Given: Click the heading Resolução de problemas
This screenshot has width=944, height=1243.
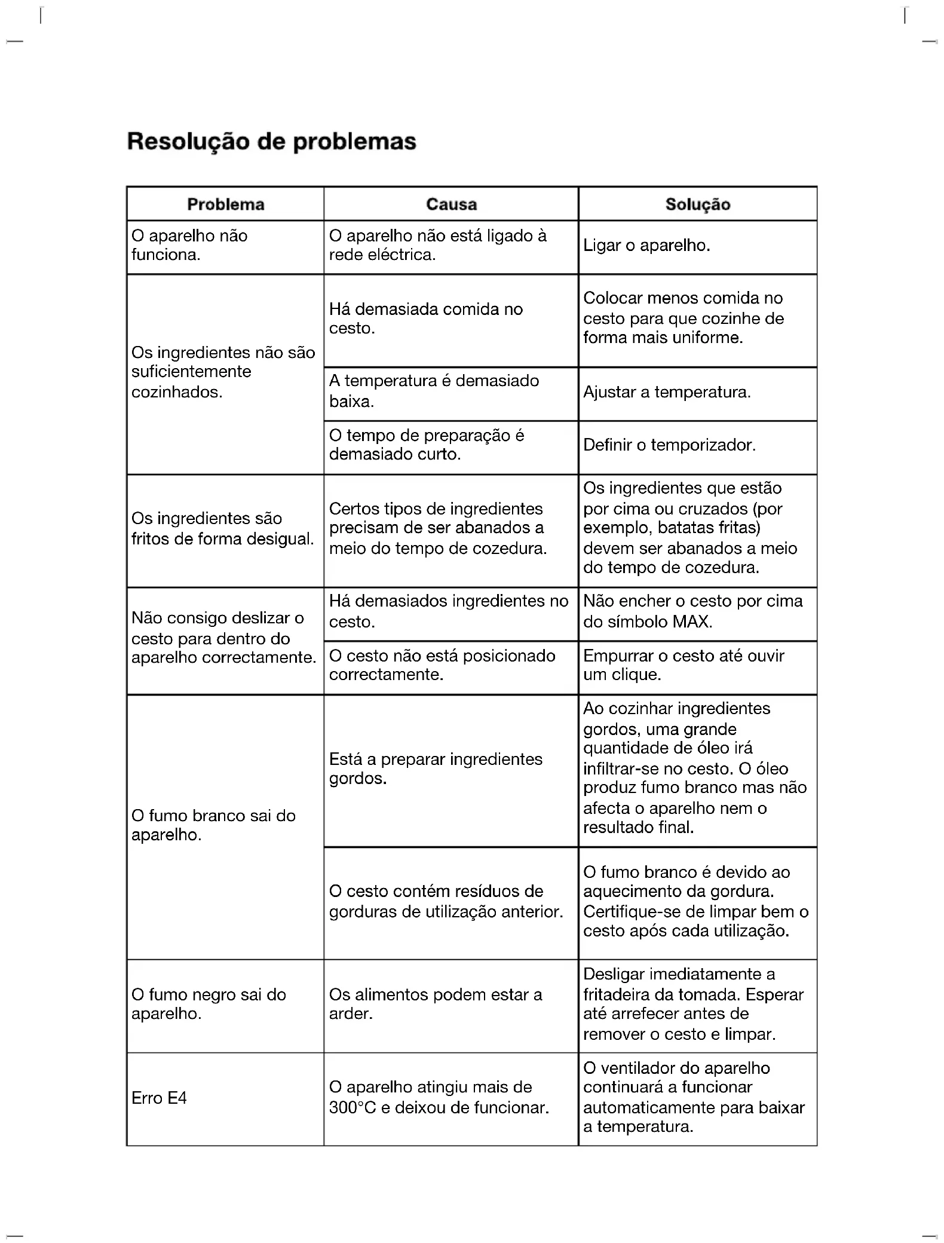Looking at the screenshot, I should [x=271, y=142].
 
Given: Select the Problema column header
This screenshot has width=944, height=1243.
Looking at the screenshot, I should [x=225, y=204].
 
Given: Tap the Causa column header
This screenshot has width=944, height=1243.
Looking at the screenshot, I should [x=451, y=204].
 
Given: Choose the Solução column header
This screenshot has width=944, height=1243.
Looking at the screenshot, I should [x=697, y=204].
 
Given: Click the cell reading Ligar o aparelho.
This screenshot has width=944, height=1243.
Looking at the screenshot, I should [x=646, y=246].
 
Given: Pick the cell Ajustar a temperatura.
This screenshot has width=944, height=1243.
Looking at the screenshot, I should [x=667, y=393].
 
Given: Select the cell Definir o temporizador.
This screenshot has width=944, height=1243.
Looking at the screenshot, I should [x=669, y=445].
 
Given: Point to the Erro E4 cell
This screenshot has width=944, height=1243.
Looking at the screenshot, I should [x=159, y=1098].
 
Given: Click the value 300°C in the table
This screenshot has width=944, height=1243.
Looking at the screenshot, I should [x=352, y=1107].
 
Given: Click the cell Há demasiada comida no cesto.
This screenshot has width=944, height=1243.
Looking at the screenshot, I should [x=425, y=319].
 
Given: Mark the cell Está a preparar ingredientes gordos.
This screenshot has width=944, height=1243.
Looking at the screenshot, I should [x=435, y=769].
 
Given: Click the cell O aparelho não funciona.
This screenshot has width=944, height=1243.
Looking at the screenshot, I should [x=189, y=245].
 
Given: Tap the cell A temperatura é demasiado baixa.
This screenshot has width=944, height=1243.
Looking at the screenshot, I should [x=434, y=391].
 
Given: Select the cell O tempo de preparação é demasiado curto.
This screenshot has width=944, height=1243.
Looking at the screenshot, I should [x=426, y=445].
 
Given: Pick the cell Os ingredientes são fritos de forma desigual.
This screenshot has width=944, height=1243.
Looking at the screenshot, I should [x=222, y=528].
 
